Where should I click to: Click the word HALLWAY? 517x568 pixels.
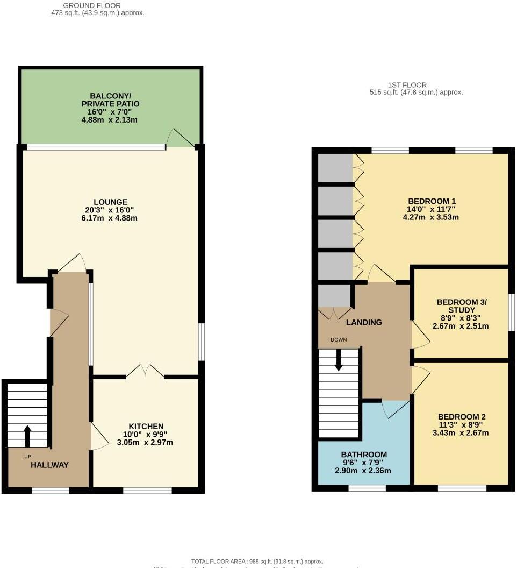(x=49, y=465)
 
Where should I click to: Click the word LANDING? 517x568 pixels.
(x=364, y=322)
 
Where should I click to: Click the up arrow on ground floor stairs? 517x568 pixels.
(x=27, y=432)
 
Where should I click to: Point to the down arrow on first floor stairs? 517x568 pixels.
(x=339, y=360)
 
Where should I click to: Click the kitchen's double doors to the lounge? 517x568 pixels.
(x=145, y=371)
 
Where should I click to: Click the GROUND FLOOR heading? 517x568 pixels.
(x=84, y=5)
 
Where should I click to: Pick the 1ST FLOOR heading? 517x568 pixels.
(x=407, y=85)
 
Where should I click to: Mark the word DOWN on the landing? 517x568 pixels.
(x=339, y=339)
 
